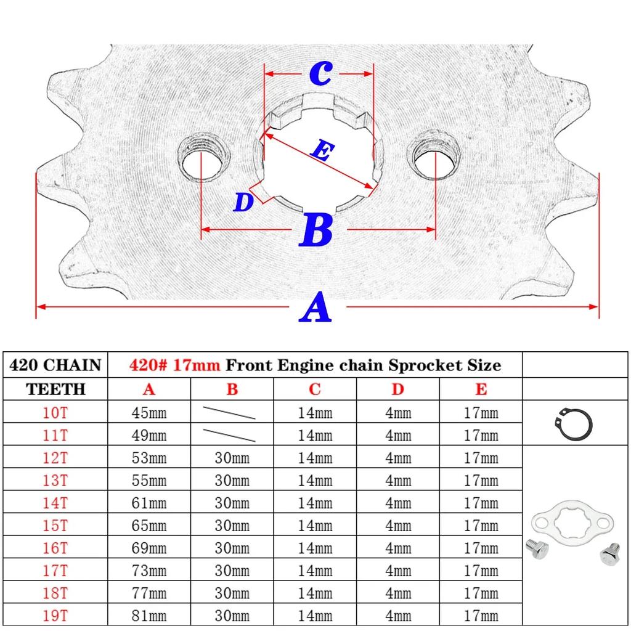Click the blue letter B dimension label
316,230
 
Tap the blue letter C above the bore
320,73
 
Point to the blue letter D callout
243,202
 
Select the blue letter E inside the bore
323,150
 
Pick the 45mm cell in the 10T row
149,413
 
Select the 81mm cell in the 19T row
149,616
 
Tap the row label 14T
55,503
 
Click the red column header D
397,389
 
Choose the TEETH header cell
55,389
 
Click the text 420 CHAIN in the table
55,365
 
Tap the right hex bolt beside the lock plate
609,554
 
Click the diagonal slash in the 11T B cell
229,436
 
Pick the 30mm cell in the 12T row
232,458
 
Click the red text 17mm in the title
197,365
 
